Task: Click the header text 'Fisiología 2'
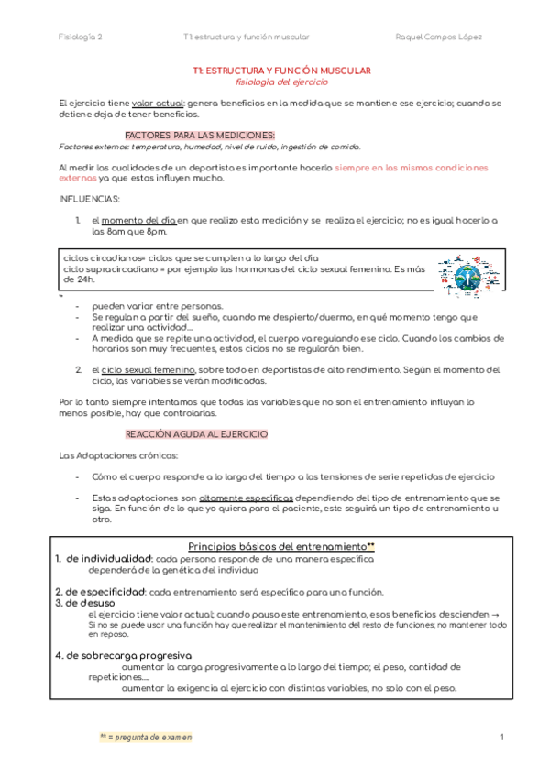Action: (81, 37)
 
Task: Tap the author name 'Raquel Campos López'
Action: (439, 37)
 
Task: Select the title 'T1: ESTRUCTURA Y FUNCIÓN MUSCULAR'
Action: (281, 71)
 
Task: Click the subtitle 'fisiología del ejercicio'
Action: (281, 82)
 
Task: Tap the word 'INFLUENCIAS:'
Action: (89, 197)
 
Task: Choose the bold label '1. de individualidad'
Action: (103, 558)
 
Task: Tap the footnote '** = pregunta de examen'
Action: (146, 737)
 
